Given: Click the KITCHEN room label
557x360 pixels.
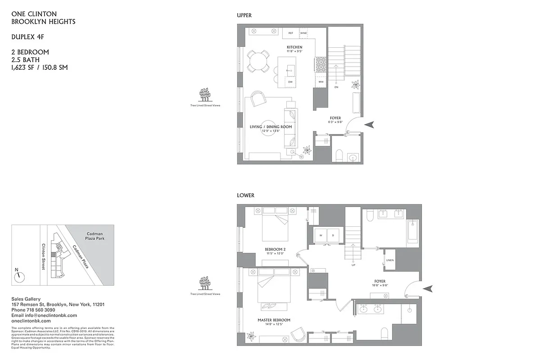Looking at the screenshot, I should (x=294, y=47).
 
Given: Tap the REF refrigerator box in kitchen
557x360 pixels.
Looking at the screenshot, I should (x=291, y=33).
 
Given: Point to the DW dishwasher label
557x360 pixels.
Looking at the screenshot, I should (x=290, y=82).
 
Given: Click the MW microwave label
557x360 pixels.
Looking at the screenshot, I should (x=321, y=82).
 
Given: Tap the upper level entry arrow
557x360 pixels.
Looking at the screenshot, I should (x=369, y=125).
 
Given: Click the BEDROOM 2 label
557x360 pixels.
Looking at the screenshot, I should (x=275, y=249).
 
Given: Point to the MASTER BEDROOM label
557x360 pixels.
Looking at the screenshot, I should (x=274, y=320).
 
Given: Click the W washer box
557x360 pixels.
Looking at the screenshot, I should (x=321, y=235).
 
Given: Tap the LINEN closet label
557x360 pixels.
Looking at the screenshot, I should (x=389, y=260).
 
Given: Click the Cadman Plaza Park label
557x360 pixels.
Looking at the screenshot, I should (x=95, y=237).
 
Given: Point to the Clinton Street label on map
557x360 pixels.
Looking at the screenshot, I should (x=44, y=256).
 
